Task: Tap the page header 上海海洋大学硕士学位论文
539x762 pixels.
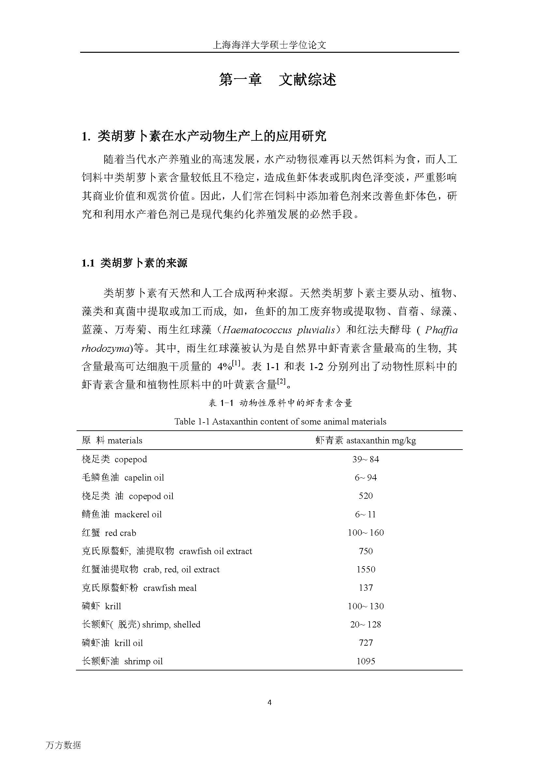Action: [x=269, y=45]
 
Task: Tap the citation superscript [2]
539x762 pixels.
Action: [x=282, y=382]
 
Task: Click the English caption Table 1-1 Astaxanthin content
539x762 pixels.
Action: [x=280, y=422]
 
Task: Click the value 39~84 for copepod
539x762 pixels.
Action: [x=365, y=459]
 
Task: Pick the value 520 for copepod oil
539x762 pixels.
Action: [x=365, y=496]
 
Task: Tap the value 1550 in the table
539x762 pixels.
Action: [x=365, y=569]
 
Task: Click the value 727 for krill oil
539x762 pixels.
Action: [x=365, y=643]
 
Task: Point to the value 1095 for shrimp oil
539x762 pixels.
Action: [x=365, y=661]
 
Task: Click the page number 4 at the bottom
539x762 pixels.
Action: [x=269, y=702]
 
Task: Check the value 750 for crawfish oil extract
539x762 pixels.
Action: [x=365, y=551]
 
